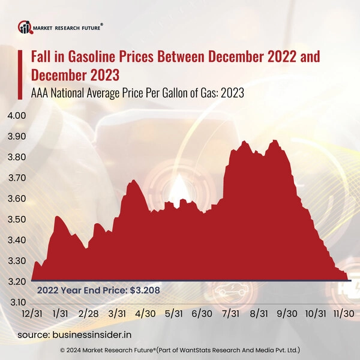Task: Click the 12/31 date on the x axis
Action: point(31,313)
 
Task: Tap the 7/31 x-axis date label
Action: point(231,313)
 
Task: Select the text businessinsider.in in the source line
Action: point(104,334)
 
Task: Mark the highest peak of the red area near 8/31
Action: point(275,140)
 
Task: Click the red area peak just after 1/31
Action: point(58,217)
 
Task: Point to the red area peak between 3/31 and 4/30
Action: point(133,180)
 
